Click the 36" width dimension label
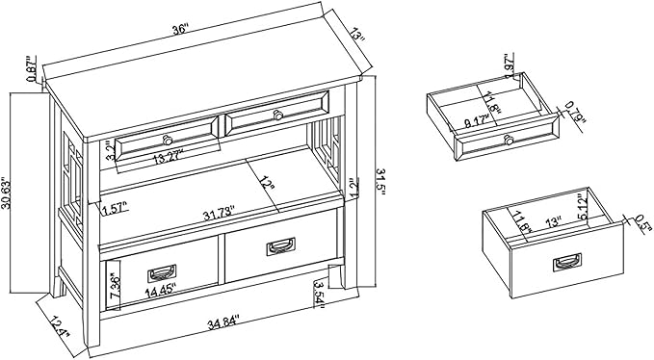179,31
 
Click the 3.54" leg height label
319,292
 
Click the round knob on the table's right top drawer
277,116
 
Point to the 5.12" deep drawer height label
607,205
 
